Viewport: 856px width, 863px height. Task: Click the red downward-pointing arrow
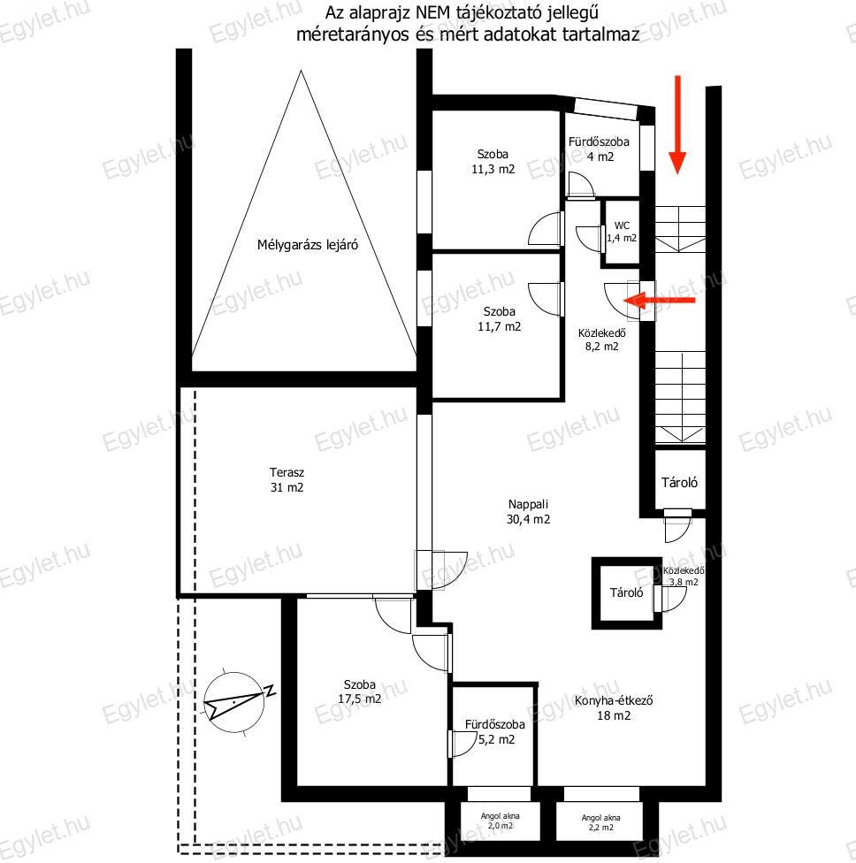pos(677,125)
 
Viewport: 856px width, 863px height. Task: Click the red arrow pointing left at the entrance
pos(659,301)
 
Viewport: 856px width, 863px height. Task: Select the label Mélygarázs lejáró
pos(308,245)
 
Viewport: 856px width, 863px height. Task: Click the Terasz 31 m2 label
pos(287,480)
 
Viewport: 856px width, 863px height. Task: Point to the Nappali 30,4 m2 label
pos(529,512)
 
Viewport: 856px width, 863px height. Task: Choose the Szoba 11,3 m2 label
pos(493,162)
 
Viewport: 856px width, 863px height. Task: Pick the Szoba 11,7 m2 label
pos(500,319)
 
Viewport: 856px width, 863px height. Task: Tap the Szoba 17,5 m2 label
pos(359,691)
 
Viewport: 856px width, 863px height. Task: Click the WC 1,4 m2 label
pos(622,232)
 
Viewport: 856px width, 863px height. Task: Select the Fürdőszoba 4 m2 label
pos(599,149)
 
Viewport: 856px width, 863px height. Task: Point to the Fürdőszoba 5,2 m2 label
pos(495,732)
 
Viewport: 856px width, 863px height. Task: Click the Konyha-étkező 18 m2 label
pos(614,707)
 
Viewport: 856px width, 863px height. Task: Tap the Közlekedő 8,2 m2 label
pos(601,340)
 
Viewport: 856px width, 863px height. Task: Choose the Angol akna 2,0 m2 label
pos(500,821)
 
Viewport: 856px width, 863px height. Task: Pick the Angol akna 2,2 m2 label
pos(600,822)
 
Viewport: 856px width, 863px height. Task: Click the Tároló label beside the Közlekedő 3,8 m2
pos(626,592)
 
